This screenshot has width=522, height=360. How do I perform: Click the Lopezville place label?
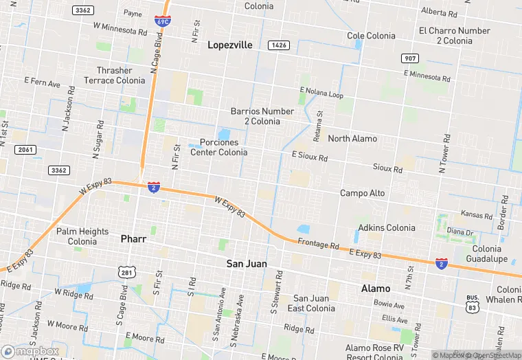click(x=230, y=45)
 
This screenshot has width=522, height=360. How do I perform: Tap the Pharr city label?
click(x=133, y=238)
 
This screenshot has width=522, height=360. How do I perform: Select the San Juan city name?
click(x=247, y=263)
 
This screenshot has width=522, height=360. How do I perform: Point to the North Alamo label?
click(x=352, y=138)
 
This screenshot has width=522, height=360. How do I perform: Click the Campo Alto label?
click(x=363, y=193)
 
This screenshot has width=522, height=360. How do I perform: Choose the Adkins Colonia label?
click(x=387, y=227)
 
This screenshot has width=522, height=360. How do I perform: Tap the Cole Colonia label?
click(x=372, y=36)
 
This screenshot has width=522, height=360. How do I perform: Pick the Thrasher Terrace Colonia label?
click(x=115, y=76)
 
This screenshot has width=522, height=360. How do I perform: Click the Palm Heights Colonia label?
click(x=82, y=236)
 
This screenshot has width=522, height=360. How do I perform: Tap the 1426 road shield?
click(x=278, y=45)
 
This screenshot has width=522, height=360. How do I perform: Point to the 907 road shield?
click(x=409, y=58)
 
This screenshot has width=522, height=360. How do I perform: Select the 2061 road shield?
click(x=25, y=149)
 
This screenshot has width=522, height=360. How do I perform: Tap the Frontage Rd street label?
click(x=319, y=245)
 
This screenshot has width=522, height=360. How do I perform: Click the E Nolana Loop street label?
click(x=321, y=93)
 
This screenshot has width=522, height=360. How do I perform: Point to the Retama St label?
click(x=318, y=123)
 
